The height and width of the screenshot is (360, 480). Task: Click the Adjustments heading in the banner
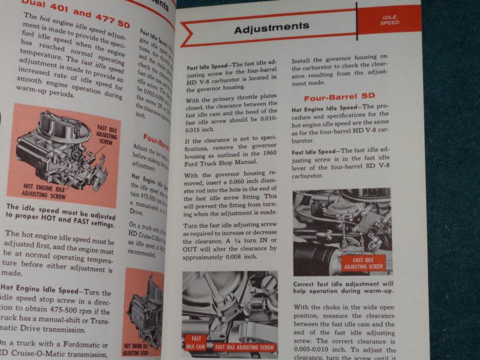pyautogui.click(x=271, y=27)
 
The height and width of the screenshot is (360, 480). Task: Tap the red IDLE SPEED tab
pyautogui.click(x=389, y=19)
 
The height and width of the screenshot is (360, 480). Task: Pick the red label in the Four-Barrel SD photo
pyautogui.click(x=364, y=263)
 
